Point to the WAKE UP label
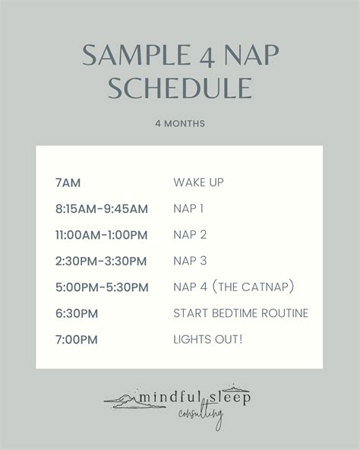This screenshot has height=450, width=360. click(198, 182)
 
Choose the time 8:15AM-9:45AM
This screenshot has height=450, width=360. click(101, 208)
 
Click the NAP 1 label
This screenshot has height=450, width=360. click(188, 208)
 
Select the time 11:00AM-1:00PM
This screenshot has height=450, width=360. click(103, 235)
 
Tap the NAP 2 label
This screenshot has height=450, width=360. click(189, 235)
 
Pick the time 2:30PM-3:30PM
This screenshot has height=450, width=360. click(101, 261)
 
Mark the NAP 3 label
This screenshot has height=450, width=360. click(189, 261)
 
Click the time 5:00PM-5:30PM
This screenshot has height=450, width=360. click(101, 287)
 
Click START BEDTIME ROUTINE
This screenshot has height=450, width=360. click(241, 313)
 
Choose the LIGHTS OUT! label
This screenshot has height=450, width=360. click(208, 339)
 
